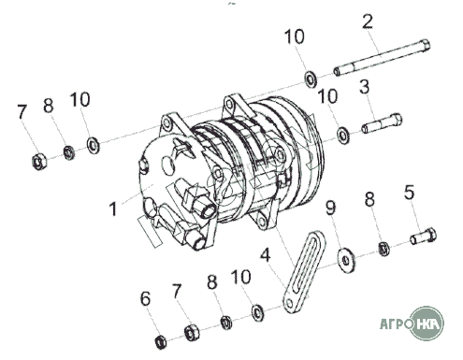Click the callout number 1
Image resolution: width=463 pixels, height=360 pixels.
(114, 209)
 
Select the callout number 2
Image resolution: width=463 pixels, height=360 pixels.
(368, 22)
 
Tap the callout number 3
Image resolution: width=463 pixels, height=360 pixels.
(365, 87)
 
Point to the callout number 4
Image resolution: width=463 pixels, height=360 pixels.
(265, 255)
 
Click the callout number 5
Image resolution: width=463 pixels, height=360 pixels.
(410, 192)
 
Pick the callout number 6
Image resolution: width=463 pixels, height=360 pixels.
(145, 298)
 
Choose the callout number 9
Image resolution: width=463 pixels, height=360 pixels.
(331, 208)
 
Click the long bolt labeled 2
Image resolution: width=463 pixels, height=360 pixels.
(382, 58)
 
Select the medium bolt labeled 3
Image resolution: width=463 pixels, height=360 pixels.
(382, 123)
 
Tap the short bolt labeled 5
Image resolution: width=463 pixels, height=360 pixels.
(423, 236)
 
